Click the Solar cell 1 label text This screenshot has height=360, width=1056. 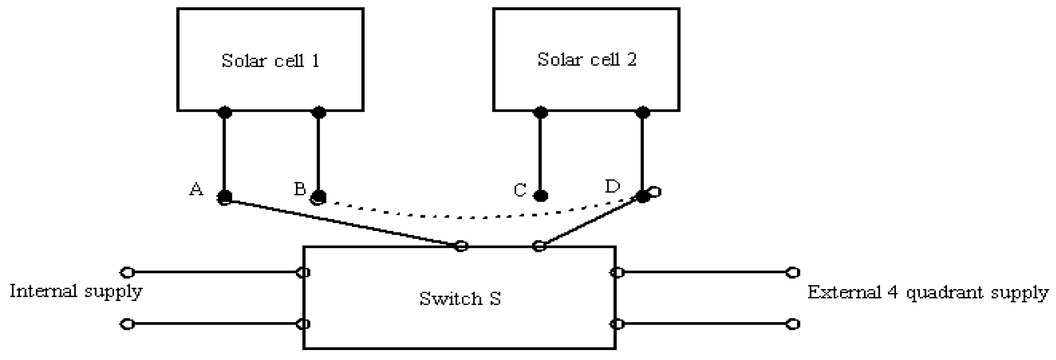pos(270,61)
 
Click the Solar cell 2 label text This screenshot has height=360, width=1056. pos(587,59)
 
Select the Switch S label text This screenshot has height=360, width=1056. pos(460,298)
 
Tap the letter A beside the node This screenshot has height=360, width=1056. pos(196,190)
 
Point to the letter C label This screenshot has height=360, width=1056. pos(520,190)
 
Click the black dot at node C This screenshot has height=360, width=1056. pos(541,196)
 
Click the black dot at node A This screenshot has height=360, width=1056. pos(225,196)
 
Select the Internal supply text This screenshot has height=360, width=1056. pos(76,291)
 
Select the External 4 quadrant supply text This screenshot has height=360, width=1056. pos(928,293)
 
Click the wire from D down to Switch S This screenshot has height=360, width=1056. pos(590,222)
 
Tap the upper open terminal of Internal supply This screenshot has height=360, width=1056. pos(128,272)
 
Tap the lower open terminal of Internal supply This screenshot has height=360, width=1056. pos(128,324)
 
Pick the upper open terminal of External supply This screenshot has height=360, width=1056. pos(793,272)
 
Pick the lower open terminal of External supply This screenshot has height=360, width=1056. pos(793,324)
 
